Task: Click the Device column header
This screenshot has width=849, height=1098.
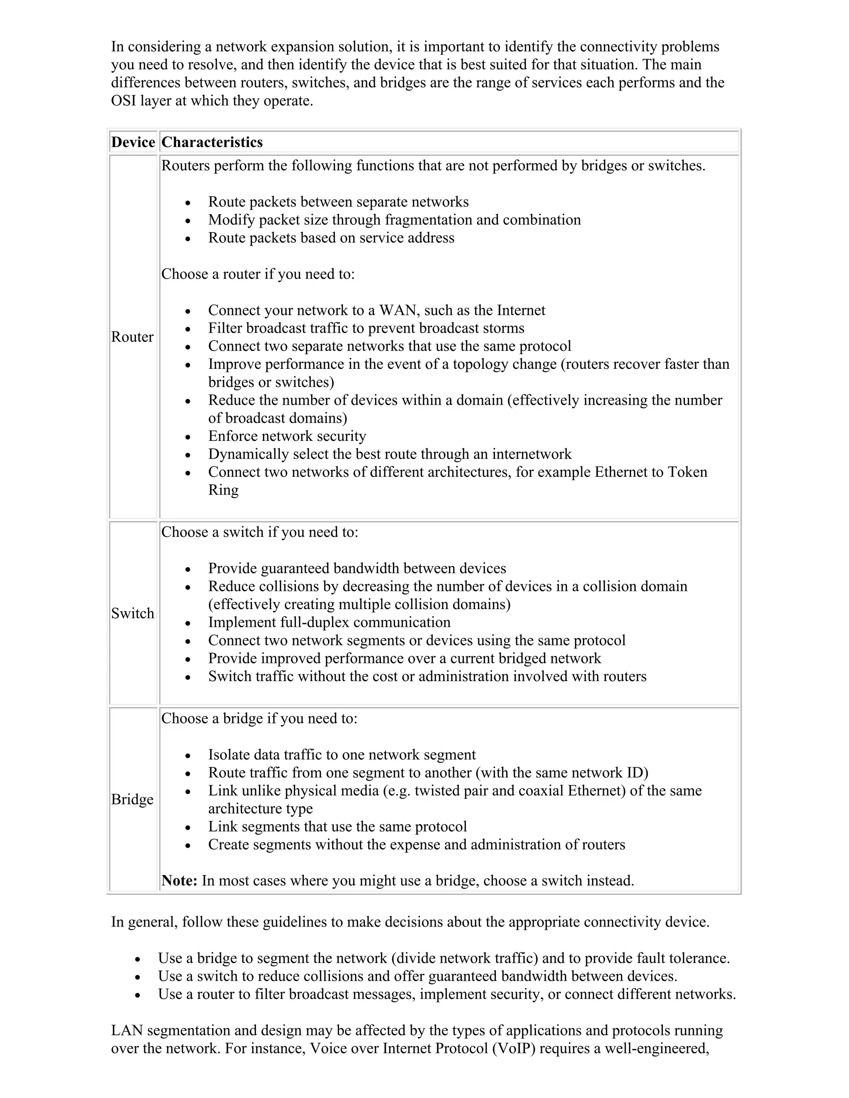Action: (133, 142)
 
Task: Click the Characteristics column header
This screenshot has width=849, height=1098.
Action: (212, 142)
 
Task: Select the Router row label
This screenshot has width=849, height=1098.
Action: (132, 337)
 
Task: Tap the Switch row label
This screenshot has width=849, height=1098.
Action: (132, 613)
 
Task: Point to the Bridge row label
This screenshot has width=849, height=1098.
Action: (132, 799)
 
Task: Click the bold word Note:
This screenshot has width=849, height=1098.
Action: (179, 881)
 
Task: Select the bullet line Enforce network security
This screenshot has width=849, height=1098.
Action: (287, 436)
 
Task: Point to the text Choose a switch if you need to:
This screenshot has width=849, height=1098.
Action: (260, 532)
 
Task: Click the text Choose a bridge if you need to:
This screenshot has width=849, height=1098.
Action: (259, 718)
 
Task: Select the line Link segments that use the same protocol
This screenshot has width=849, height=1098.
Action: (337, 827)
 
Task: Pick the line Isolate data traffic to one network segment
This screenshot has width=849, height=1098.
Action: (342, 755)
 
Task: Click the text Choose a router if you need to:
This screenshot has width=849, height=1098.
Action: (257, 274)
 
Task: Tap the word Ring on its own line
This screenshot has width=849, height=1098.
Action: (223, 490)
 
